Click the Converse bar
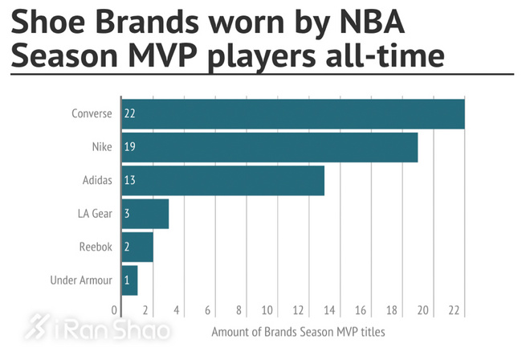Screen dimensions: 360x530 click(x=293, y=114)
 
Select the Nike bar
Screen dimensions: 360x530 click(x=269, y=148)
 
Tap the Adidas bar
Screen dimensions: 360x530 click(x=222, y=181)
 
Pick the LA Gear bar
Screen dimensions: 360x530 click(x=145, y=214)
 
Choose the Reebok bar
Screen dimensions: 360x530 click(x=137, y=247)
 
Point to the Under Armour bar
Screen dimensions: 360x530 click(x=129, y=280)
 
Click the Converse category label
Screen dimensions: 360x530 click(x=92, y=114)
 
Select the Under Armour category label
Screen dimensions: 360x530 click(x=80, y=280)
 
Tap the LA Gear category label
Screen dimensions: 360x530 click(x=94, y=214)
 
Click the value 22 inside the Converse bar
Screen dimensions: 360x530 click(x=129, y=114)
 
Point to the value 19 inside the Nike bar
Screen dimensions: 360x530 click(x=129, y=148)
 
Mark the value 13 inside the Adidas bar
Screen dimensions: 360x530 click(x=129, y=181)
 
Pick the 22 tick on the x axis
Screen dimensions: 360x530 click(x=454, y=310)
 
